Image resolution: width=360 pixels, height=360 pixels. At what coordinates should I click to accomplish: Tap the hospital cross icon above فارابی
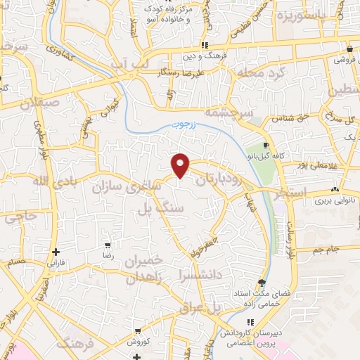(x=55, y=251)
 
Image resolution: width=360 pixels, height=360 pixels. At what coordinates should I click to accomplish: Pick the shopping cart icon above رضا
(x=108, y=245)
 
